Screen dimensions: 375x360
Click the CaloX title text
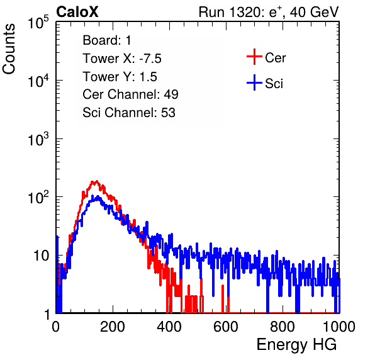77,12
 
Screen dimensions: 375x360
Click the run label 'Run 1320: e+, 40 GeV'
269,12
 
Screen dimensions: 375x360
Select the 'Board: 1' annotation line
107,40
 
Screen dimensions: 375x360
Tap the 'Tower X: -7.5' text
122,59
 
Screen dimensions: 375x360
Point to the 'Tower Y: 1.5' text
120,77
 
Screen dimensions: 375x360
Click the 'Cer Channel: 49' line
130,94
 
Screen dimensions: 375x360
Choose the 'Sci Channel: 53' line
129,113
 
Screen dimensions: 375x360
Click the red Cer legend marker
254,57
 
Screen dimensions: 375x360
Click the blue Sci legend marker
254,82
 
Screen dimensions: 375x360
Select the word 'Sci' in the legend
274,84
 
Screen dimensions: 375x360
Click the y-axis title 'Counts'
9,49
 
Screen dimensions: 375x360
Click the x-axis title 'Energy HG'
296,345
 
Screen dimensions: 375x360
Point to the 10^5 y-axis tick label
38,23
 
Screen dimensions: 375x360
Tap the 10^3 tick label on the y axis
38,140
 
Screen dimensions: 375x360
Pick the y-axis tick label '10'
42,256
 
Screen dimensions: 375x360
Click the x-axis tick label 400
169,327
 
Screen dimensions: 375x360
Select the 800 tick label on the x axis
283,327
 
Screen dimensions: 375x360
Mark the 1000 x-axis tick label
339,327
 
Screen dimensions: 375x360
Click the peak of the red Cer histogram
96,181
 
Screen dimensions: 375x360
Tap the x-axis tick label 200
113,327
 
